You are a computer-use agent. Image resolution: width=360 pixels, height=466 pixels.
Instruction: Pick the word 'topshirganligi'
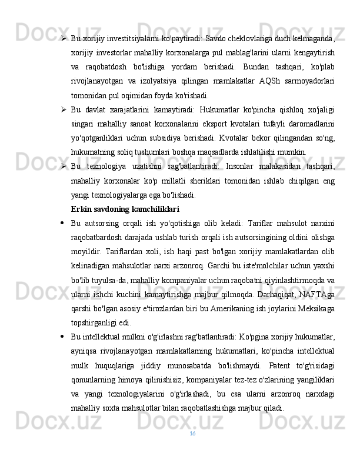(x=92, y=322)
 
